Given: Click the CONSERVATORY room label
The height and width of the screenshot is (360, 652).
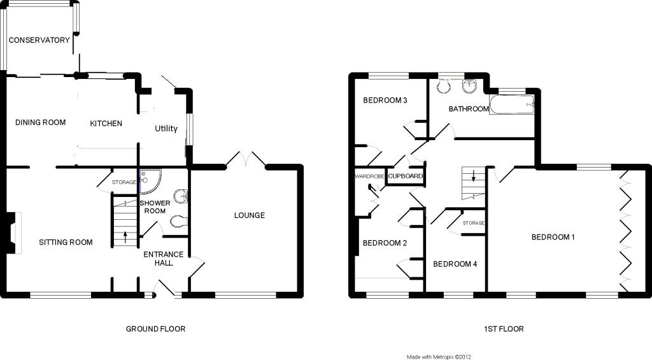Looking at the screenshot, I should pyautogui.click(x=39, y=40).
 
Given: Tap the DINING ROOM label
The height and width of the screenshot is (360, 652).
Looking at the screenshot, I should pyautogui.click(x=41, y=122).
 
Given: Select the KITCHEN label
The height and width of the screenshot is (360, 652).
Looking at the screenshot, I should pyautogui.click(x=106, y=123).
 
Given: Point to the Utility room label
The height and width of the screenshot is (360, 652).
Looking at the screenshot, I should pyautogui.click(x=166, y=129).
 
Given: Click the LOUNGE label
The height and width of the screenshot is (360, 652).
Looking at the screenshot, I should pyautogui.click(x=249, y=215).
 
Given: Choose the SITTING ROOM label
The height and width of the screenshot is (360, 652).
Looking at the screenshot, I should pyautogui.click(x=66, y=242).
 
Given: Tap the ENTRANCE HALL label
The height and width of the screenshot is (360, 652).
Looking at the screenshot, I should pyautogui.click(x=163, y=259).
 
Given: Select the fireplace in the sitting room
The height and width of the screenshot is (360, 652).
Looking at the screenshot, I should pyautogui.click(x=14, y=233).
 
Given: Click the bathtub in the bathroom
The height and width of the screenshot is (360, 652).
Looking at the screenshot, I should pyautogui.click(x=513, y=104).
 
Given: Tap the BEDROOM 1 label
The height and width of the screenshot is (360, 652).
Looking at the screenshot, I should pyautogui.click(x=553, y=238).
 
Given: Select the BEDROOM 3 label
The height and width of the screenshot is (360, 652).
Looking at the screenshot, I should pyautogui.click(x=385, y=101).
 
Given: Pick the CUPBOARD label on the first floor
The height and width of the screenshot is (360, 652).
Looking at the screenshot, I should pyautogui.click(x=405, y=176).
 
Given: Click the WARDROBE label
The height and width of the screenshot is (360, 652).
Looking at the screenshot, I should pyautogui.click(x=367, y=176).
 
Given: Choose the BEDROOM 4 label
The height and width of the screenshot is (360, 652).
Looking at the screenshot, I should pyautogui.click(x=455, y=264).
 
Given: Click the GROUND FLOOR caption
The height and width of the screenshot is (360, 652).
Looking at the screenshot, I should pyautogui.click(x=155, y=329).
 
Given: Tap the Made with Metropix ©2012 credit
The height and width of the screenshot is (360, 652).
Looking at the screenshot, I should pyautogui.click(x=439, y=357).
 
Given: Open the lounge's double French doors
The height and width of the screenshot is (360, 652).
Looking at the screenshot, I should pyautogui.click(x=246, y=159).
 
